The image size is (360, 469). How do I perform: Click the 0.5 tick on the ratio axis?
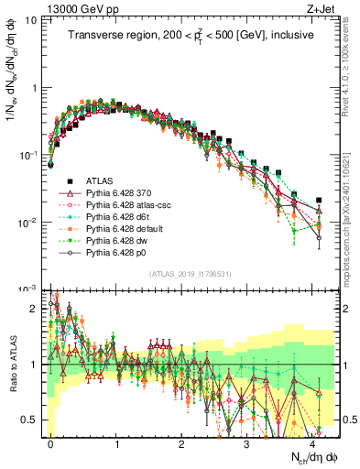pos(27,420)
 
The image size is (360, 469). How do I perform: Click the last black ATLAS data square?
pos(319,200)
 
